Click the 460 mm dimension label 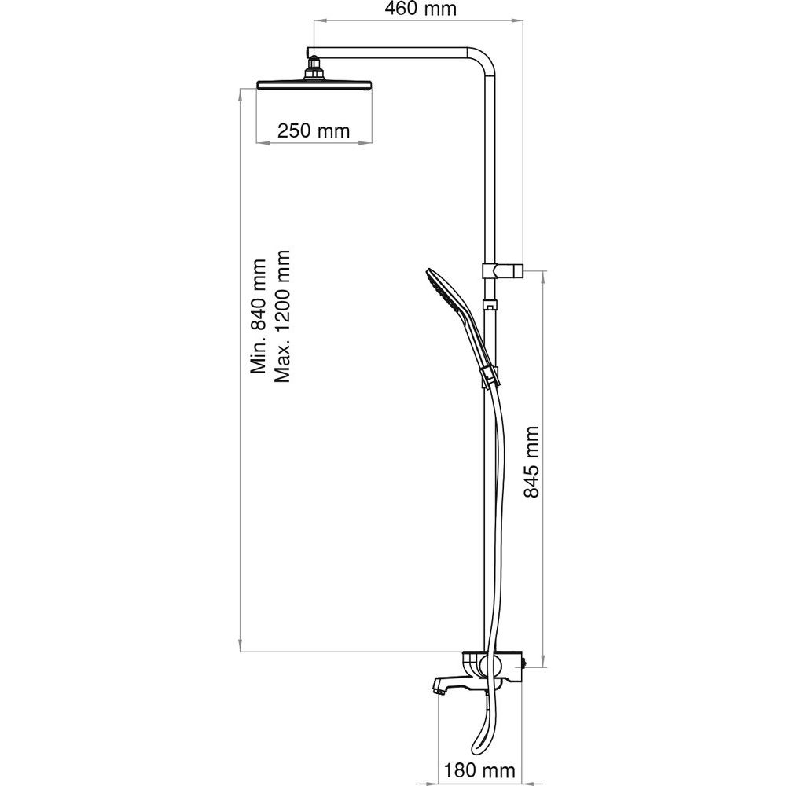point(420,9)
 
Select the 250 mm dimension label point(314,131)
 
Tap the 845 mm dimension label point(531,461)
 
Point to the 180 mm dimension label point(479,770)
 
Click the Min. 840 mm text point(259,316)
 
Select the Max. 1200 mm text point(281,316)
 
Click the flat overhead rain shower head point(314,84)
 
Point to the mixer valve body point(494,667)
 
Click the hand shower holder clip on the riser point(490,376)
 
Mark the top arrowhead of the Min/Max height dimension point(241,95)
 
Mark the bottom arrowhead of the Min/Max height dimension point(241,645)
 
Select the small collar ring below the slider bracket point(489,304)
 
